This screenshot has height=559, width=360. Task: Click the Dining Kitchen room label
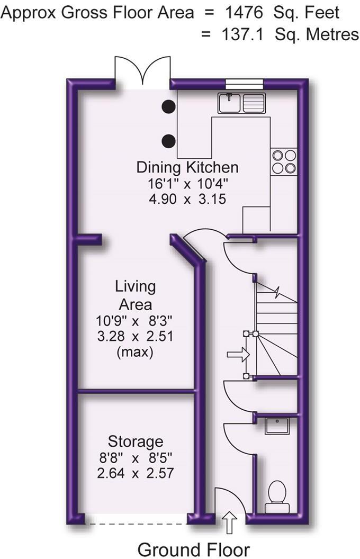point(187,168)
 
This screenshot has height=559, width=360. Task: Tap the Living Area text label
point(136,295)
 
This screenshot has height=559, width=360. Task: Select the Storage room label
point(136,441)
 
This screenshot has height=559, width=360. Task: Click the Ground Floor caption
point(193,549)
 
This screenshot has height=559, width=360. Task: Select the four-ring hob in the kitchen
point(283,161)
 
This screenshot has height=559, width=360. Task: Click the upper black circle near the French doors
point(169,106)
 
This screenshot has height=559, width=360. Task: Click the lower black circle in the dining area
point(169,141)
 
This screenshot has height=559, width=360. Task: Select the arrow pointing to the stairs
point(237,354)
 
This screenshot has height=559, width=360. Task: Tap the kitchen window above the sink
point(244,82)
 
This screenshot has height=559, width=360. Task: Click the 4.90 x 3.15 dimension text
point(187,200)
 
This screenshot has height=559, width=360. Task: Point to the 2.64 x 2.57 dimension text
point(136,473)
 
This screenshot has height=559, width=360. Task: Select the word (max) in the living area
point(136,352)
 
